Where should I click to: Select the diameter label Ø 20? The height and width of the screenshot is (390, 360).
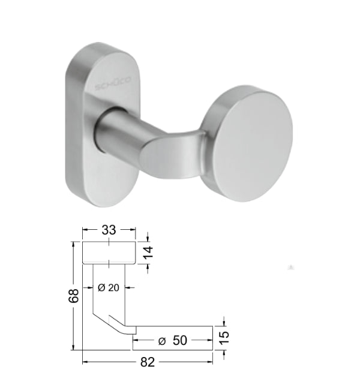point(109,287)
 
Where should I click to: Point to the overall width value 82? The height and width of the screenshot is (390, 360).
point(148,362)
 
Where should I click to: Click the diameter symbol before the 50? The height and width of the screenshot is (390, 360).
point(162,341)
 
